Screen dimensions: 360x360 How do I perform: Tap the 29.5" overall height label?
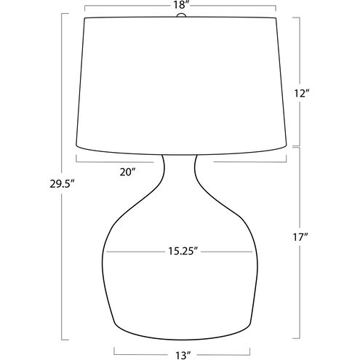pos(62,184)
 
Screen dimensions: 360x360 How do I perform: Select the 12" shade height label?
pos(301,93)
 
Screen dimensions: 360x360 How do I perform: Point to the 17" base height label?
pos(300,237)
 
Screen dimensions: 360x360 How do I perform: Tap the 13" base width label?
pos(182,356)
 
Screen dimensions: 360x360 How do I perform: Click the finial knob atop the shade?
pos(181,15)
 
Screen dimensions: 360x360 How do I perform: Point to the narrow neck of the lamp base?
pos(179,167)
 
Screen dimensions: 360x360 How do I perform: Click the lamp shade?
pos(181,86)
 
